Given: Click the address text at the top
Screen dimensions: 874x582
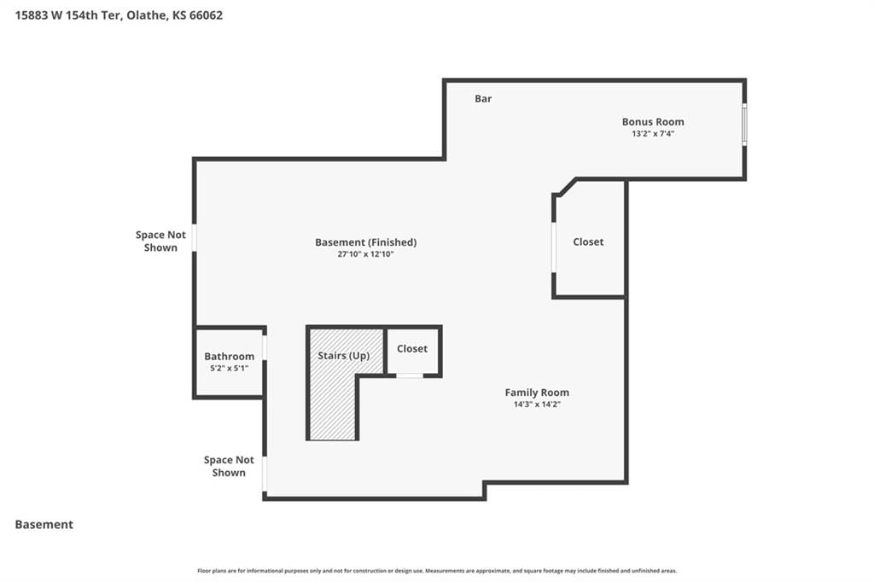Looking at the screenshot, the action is (x=119, y=15).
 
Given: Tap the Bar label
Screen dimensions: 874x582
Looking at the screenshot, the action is (x=483, y=99).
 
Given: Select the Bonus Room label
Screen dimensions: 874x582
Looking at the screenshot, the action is (x=653, y=121).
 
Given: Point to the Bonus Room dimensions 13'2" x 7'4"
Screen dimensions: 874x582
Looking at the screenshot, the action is (x=653, y=134).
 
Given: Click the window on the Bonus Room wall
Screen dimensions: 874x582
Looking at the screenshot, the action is (x=744, y=124).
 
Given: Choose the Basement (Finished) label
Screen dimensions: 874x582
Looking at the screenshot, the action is (x=365, y=242).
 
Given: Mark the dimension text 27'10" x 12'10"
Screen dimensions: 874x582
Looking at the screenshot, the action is (x=365, y=254).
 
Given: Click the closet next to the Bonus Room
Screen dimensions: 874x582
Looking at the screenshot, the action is (x=589, y=242).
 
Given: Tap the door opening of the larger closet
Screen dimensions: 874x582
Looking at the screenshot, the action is (x=553, y=247).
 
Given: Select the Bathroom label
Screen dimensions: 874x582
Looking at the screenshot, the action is (x=229, y=356).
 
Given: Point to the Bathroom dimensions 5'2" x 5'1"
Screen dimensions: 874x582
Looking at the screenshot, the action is (x=229, y=369).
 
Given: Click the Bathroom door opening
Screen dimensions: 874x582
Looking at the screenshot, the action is (x=265, y=347).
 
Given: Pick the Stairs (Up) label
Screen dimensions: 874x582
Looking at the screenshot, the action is (x=343, y=356).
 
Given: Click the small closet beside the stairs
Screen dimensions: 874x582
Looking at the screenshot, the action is (x=412, y=350).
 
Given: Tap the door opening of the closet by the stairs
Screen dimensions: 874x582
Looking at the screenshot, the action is (x=410, y=375).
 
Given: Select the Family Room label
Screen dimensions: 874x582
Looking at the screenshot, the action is (x=537, y=393).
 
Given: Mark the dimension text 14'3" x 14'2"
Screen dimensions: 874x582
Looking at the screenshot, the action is (x=537, y=404).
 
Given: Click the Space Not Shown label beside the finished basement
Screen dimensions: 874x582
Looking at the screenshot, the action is (x=160, y=242).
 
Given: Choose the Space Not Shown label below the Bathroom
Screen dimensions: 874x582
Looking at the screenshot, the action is (x=229, y=466).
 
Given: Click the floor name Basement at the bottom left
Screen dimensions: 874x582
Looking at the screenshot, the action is (x=44, y=525).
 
